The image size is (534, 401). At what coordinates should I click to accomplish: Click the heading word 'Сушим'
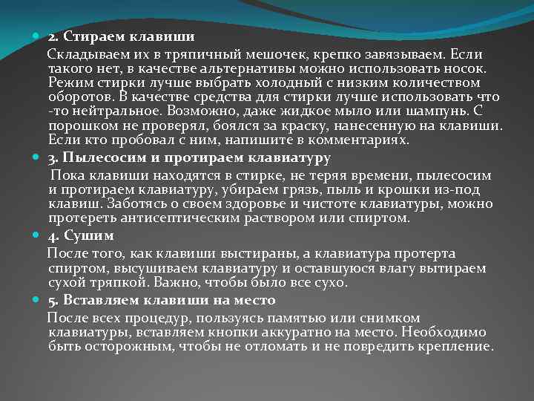(88, 237)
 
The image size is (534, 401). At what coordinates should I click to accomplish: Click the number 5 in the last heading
(53, 301)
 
